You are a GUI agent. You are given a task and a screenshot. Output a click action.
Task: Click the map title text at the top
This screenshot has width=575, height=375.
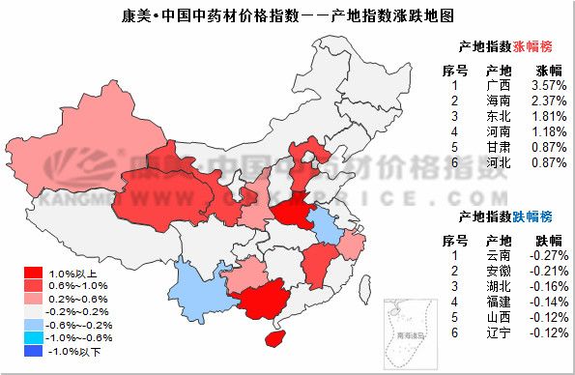[x=288, y=15]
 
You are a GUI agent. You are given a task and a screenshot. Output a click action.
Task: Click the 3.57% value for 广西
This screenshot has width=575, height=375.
[x=549, y=85]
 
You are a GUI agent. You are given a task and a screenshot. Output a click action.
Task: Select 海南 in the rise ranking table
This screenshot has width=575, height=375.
[x=500, y=101]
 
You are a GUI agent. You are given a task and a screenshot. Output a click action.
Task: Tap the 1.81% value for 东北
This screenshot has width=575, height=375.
[x=549, y=116]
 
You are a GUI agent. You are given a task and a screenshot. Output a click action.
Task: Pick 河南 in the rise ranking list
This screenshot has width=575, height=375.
[x=500, y=131]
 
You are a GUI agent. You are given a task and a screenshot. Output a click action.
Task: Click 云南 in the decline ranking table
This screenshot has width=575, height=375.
[x=500, y=255]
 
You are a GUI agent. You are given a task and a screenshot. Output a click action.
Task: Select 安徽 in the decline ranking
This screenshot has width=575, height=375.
[x=500, y=271]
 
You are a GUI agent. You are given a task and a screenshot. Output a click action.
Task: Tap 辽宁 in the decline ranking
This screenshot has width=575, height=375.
[x=500, y=332]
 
